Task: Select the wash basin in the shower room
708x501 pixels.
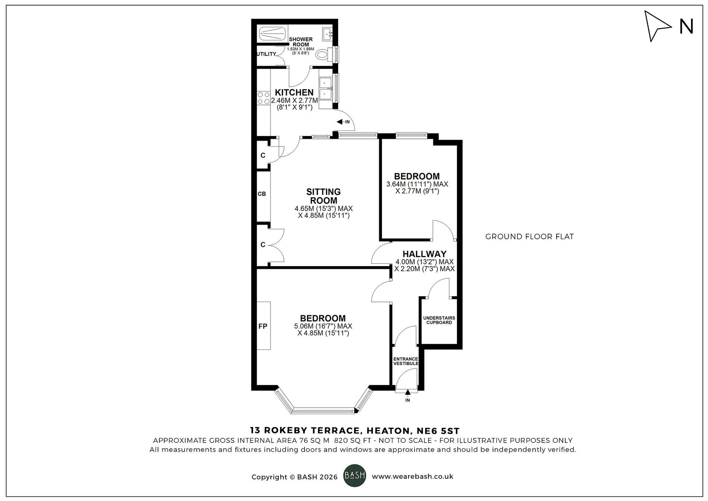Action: pyautogui.click(x=327, y=34)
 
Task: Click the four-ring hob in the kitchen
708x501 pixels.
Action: pyautogui.click(x=263, y=98)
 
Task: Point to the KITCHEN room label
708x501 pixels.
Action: pyautogui.click(x=294, y=92)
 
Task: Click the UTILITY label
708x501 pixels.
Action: pyautogui.click(x=266, y=54)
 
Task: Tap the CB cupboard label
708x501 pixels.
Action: pyautogui.click(x=262, y=194)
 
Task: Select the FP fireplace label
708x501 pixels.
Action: pyautogui.click(x=262, y=326)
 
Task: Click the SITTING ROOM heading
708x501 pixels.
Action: pyautogui.click(x=323, y=196)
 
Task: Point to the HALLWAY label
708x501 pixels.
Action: pyautogui.click(x=424, y=254)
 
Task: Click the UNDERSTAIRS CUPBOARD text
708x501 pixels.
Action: pyautogui.click(x=439, y=320)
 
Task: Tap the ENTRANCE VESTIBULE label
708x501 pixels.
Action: pyautogui.click(x=406, y=361)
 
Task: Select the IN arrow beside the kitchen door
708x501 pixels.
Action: pyautogui.click(x=341, y=122)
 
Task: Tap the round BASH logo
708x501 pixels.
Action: pyautogui.click(x=354, y=475)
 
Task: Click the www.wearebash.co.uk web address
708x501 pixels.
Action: pyautogui.click(x=412, y=477)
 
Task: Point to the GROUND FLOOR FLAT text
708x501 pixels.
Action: pyautogui.click(x=529, y=237)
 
